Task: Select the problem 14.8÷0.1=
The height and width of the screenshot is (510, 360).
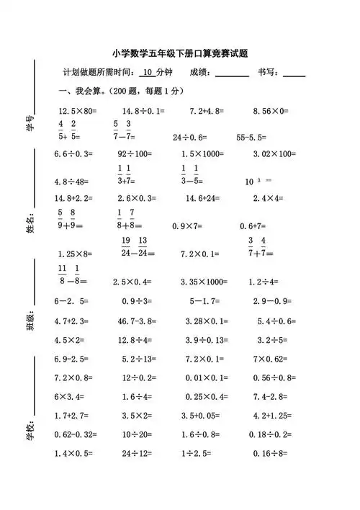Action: click(143, 111)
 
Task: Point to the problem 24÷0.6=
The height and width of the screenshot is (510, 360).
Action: click(190, 136)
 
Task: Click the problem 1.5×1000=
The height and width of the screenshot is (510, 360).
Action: click(205, 153)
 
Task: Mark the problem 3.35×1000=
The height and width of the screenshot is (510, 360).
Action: click(210, 282)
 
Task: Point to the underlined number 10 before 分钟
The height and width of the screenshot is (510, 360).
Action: click(148, 72)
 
